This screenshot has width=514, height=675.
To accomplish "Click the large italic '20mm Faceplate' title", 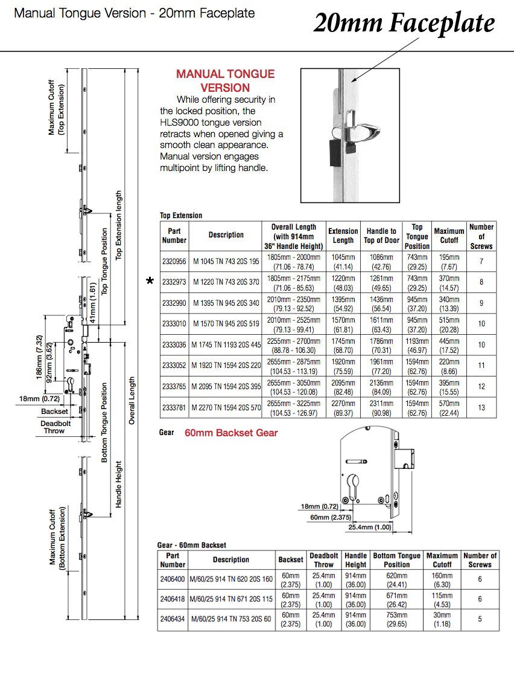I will coord(404,23).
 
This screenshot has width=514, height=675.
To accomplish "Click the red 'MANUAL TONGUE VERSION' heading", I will coord(225,80).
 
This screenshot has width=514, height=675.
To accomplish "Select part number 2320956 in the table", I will coord(174,261).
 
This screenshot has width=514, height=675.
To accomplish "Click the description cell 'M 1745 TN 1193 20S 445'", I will coord(226,344).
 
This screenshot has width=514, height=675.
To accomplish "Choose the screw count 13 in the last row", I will coord(481,407).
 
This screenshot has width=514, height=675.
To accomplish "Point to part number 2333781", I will coord(174,407).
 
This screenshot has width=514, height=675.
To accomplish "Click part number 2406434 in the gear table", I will coord(173,619).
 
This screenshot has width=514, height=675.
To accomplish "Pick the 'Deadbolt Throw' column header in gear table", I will coord(324,560).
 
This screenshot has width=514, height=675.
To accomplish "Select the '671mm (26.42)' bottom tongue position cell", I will coord(396,599).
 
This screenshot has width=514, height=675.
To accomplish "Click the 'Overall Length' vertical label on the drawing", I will coord(132,400).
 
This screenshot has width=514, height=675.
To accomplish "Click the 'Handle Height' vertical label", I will coord(119,483).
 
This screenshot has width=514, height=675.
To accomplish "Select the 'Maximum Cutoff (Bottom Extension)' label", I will coord(57,537).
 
